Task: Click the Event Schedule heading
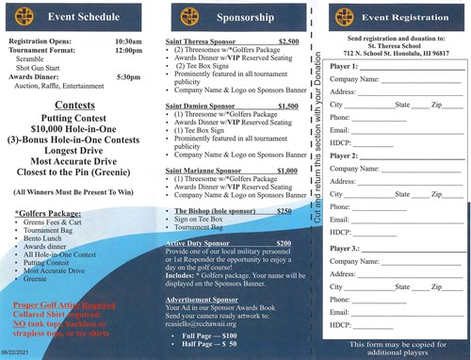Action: coord(84,16)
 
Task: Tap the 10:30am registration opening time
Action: coord(128,42)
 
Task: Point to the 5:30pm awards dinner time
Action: coord(128,76)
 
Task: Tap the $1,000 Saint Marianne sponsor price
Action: coord(288,171)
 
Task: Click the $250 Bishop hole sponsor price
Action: coord(284,211)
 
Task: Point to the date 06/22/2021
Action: coord(19,351)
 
